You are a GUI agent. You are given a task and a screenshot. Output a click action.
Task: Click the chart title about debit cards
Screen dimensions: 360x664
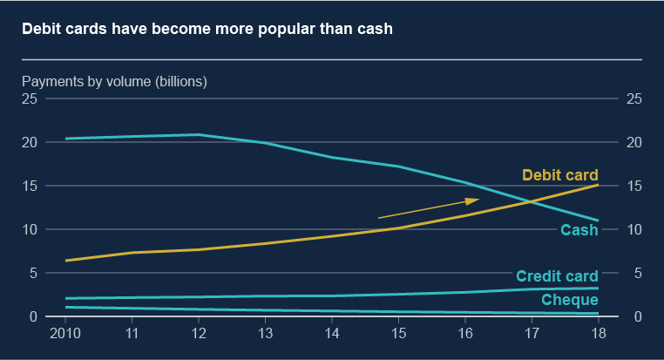(207, 30)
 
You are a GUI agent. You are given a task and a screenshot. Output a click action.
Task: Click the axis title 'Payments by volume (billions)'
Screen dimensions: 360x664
(114, 82)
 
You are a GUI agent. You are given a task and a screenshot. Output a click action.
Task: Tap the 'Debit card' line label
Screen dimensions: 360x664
(559, 175)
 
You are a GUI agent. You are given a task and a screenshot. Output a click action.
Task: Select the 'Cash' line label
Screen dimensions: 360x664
(579, 231)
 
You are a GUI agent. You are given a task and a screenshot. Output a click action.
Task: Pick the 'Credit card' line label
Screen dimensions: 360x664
(557, 276)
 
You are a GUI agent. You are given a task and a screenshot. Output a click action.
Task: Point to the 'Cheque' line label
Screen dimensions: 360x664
(570, 301)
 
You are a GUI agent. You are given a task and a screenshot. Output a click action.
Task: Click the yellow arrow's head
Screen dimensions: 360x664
(475, 200)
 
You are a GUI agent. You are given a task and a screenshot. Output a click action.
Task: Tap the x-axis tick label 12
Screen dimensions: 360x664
(199, 333)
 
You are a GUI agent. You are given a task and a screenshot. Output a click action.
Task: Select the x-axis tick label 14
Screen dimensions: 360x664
(332, 333)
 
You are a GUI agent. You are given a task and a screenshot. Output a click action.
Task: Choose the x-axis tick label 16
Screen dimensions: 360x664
(465, 333)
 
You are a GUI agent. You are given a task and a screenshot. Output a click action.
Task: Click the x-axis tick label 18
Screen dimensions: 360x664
(598, 333)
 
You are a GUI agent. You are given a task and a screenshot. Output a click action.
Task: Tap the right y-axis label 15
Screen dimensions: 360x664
(634, 186)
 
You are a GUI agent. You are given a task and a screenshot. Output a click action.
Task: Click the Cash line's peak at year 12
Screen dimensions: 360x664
(199, 134)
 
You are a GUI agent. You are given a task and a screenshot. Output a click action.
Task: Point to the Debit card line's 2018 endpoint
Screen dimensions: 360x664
(598, 185)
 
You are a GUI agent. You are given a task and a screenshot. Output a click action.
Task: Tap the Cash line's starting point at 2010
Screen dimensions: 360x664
(66, 139)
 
